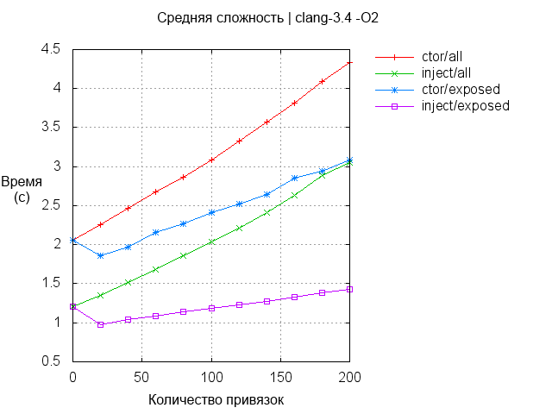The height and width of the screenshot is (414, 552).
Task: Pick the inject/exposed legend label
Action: [466, 105]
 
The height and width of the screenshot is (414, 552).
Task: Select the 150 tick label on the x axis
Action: [280, 378]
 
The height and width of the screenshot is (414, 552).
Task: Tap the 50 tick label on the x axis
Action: [142, 378]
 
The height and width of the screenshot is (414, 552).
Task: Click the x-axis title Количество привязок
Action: [216, 399]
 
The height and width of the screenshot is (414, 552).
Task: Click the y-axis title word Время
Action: [22, 182]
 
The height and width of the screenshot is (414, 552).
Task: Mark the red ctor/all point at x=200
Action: [349, 62]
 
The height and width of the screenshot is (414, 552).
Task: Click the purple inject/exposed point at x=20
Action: [101, 324]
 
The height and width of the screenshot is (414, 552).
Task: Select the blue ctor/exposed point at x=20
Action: [101, 255]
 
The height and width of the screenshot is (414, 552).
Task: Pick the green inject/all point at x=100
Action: [211, 241]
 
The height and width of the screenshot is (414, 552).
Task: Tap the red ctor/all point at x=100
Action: [211, 160]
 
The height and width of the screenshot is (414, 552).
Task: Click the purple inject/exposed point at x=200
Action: [349, 289]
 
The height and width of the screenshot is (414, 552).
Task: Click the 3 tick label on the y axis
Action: [56, 166]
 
